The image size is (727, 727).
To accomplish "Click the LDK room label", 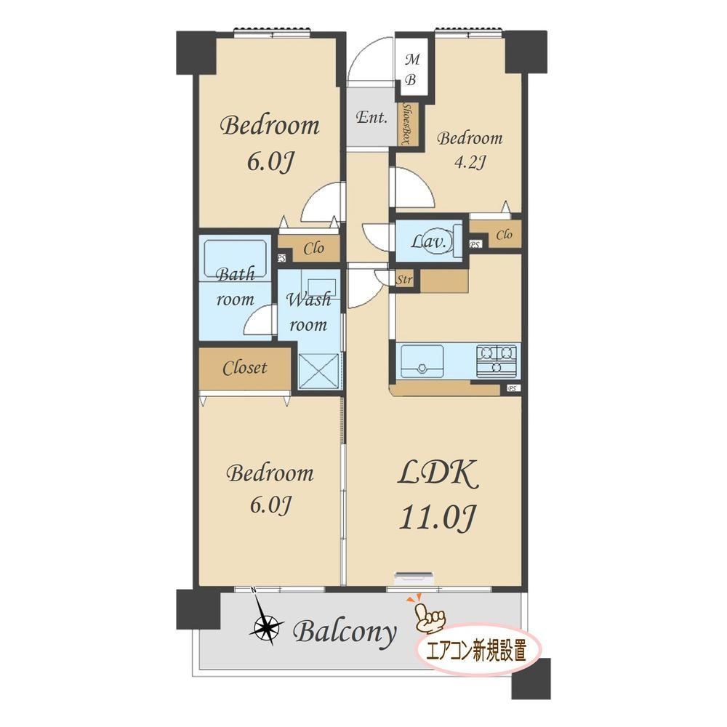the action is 437,474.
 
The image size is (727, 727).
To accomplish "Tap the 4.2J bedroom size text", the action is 470,163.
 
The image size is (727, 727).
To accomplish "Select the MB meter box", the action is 411,70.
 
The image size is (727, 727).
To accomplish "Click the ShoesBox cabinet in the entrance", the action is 409,124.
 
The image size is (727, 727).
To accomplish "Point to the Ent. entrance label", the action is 371,117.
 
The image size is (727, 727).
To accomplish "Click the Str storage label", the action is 404,280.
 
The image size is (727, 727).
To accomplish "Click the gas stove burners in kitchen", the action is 497,360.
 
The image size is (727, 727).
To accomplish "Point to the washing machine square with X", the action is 318,371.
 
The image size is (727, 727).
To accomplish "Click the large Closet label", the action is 244,368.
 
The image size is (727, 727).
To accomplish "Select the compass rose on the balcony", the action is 265,627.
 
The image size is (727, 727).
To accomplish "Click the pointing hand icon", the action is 429,614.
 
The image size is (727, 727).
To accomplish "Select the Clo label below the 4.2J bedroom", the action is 504,235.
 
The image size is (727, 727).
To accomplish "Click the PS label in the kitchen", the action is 513,388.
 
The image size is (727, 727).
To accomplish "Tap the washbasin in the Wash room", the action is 318,285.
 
